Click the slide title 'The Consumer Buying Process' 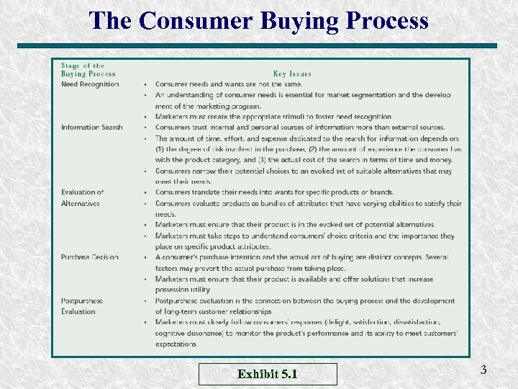click(x=258, y=20)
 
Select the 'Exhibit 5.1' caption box click(x=268, y=374)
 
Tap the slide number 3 click(x=483, y=370)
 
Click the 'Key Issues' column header click(x=292, y=73)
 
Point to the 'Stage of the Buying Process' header click(x=88, y=69)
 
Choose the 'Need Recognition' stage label click(x=90, y=84)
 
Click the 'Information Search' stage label click(x=91, y=128)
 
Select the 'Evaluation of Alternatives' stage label click(x=82, y=198)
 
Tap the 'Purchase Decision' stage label click(x=90, y=257)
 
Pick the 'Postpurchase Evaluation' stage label click(x=81, y=306)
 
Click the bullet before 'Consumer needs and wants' click(x=146, y=84)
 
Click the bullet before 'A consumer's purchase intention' click(x=146, y=257)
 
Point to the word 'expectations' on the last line click(x=176, y=344)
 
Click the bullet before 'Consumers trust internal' click(x=146, y=128)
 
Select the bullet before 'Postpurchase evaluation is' click(x=146, y=300)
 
